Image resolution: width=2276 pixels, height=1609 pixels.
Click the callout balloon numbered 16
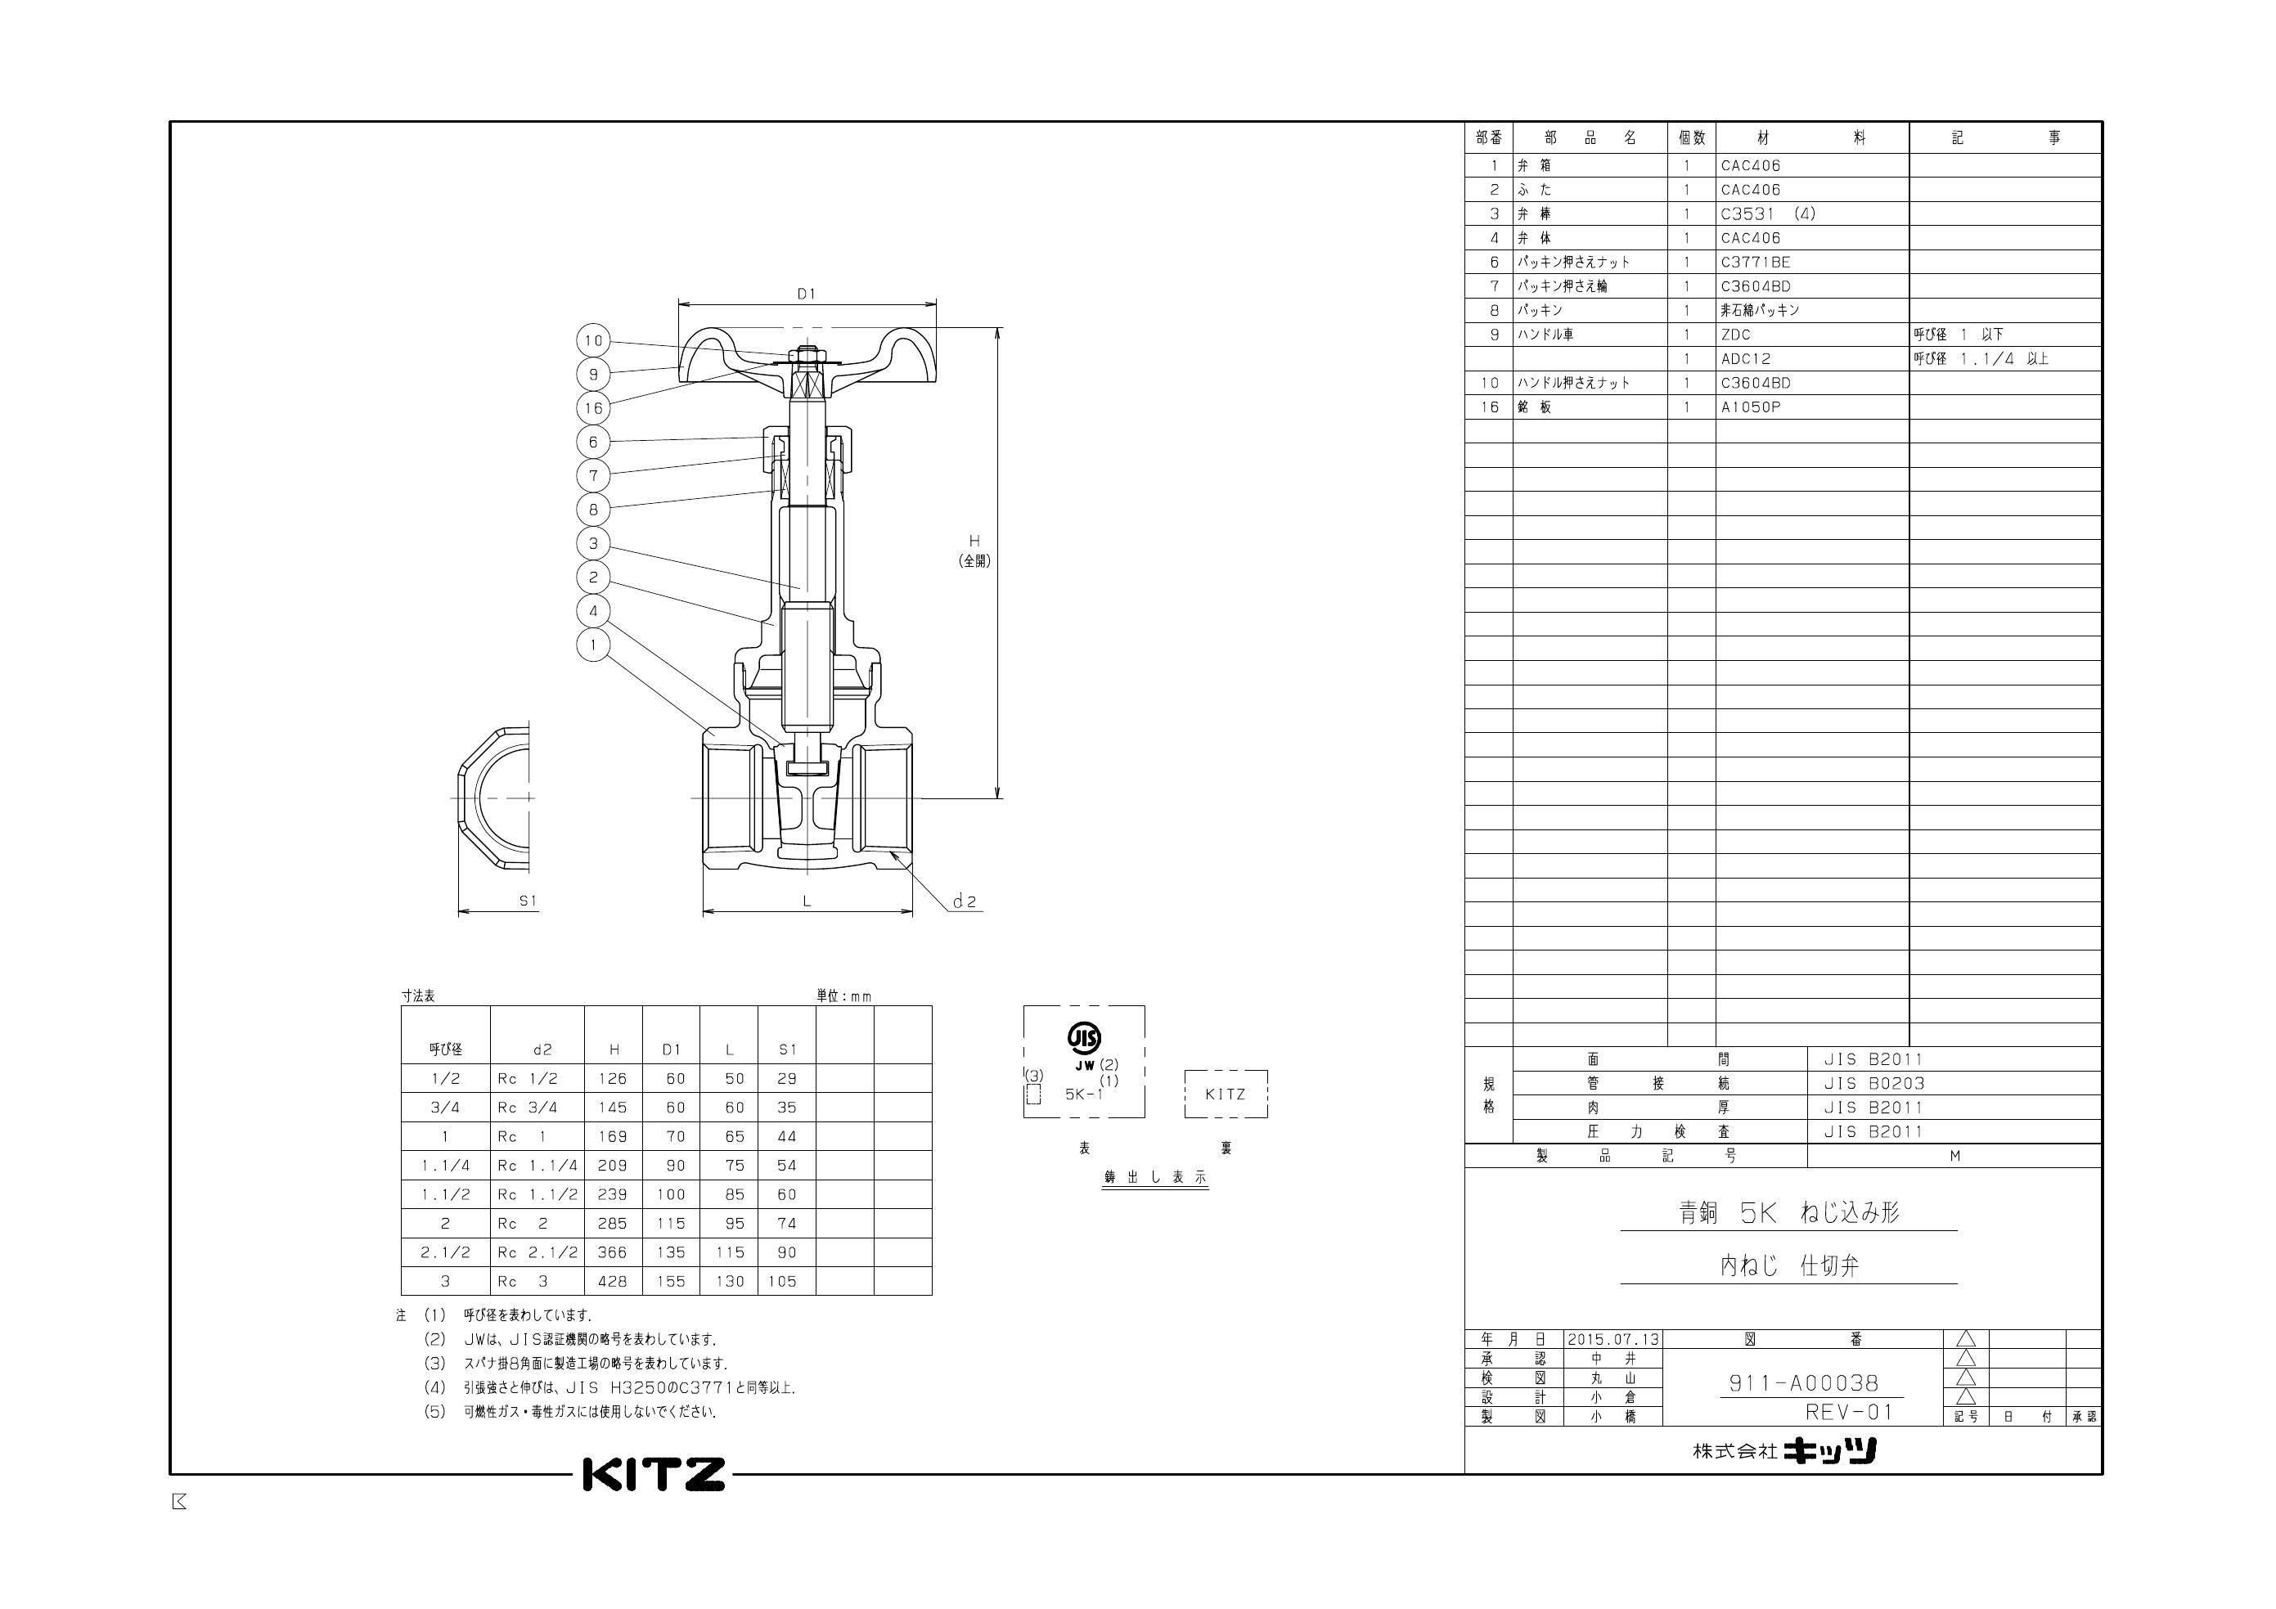593,407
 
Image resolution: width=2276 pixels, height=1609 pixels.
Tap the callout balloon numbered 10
593,340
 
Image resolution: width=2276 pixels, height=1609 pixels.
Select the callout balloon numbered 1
593,645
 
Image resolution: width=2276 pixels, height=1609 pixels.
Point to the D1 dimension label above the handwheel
806,294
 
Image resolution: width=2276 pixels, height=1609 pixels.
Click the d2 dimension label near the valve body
964,901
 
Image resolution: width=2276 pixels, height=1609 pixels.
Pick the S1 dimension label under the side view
529,901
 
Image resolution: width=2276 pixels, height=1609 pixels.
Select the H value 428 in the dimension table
613,1281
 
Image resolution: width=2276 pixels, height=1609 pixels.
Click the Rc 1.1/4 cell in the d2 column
538,1165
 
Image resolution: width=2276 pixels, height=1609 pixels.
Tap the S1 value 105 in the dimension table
782,1281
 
